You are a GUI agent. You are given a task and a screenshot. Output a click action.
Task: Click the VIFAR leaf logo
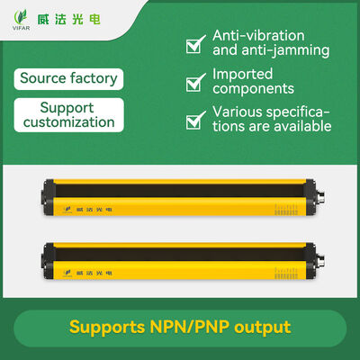[x=21, y=20]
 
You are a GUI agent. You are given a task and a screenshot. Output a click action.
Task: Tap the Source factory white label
[x=68, y=79]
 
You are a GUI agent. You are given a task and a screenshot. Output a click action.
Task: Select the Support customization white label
[x=68, y=115]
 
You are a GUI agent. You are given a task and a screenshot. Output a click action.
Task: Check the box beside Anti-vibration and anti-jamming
[x=195, y=44]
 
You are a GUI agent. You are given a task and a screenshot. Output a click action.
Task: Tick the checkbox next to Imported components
[x=195, y=82]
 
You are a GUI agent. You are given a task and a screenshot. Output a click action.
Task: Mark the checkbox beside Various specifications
[x=195, y=120]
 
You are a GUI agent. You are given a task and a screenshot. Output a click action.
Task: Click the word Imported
[x=242, y=75]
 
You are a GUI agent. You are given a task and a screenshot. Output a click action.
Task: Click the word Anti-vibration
[x=258, y=36]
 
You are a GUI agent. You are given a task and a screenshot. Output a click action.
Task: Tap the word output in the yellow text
[x=263, y=327]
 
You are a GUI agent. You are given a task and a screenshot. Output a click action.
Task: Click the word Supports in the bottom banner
[x=107, y=328]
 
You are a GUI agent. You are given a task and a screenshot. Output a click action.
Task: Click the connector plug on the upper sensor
[x=320, y=197]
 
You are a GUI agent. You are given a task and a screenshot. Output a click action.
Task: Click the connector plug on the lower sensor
[x=320, y=261]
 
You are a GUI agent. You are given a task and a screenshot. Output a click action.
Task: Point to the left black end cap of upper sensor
[x=48, y=196]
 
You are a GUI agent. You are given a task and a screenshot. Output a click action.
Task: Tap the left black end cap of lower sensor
[x=48, y=260]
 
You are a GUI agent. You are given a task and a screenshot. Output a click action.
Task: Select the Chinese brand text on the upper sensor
[x=94, y=210]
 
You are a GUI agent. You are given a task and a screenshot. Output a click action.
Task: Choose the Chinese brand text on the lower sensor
[x=94, y=273]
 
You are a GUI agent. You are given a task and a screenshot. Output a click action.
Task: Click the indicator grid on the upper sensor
[x=286, y=210]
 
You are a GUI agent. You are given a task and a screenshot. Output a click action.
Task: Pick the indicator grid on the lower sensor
[x=286, y=274]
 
